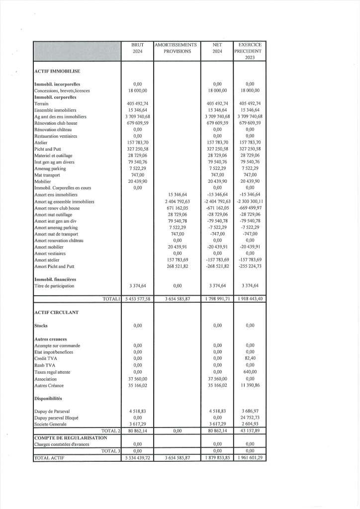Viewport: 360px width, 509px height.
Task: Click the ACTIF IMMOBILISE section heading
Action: click(57, 72)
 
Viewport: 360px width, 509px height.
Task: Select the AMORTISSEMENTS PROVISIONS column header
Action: click(177, 48)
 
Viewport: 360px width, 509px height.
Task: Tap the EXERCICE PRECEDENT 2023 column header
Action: click(250, 51)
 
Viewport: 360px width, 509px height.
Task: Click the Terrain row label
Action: click(41, 104)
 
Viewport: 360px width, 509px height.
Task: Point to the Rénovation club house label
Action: click(56, 123)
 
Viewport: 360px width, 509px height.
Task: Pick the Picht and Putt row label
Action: click(47, 149)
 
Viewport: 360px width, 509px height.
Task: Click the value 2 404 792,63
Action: click(177, 201)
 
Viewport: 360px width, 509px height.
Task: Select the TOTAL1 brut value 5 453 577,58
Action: click(138, 299)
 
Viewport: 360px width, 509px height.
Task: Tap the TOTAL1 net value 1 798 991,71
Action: click(217, 299)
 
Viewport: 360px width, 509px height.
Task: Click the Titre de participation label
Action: click(54, 286)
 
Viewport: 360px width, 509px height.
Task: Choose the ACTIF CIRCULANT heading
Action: click(57, 313)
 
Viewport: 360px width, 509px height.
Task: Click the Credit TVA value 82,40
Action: click(250, 358)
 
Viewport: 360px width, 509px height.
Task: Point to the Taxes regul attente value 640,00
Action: click(250, 372)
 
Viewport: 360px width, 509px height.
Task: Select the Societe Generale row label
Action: click(52, 424)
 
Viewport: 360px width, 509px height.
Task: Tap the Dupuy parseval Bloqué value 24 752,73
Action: click(250, 418)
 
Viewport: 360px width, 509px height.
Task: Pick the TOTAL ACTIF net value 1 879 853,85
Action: click(217, 457)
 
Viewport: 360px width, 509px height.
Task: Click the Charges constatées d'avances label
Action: click(62, 444)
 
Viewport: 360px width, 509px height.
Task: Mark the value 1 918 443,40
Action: click(250, 299)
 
